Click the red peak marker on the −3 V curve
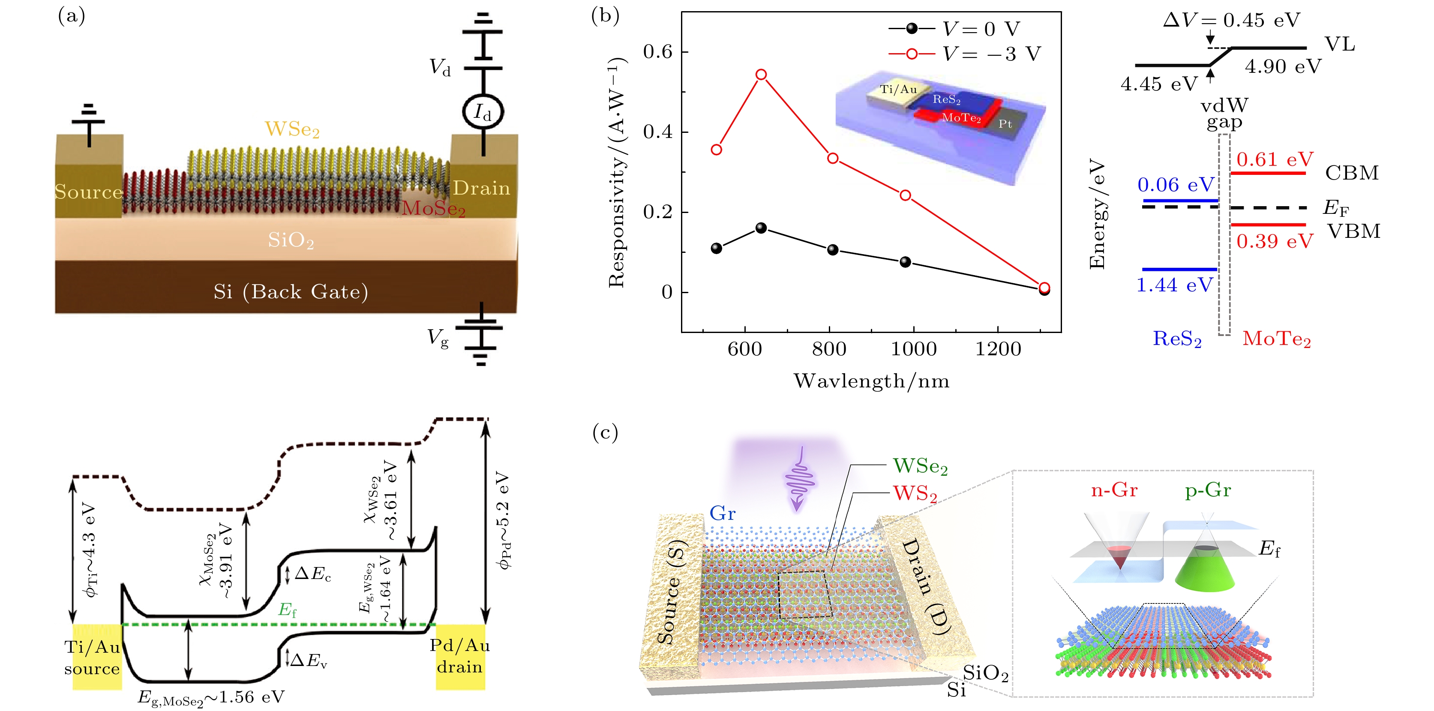[x=761, y=75]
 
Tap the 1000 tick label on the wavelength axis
[x=914, y=349]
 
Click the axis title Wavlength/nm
[x=871, y=381]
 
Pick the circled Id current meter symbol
[x=483, y=112]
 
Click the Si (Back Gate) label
[x=291, y=291]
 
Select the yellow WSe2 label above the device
[x=292, y=129]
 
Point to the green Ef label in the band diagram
[x=287, y=610]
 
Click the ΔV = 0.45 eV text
[x=1231, y=20]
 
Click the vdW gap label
[x=1224, y=114]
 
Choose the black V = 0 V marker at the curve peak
[x=761, y=228]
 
